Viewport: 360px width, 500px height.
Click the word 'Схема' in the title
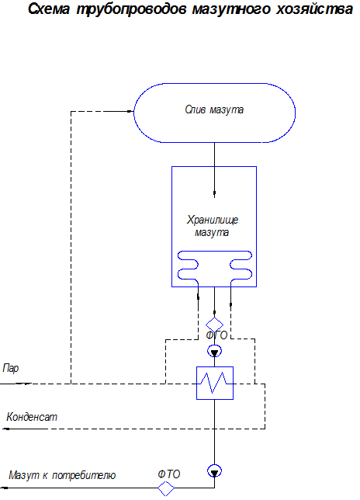coord(49,9)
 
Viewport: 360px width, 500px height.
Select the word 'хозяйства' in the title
coord(314,9)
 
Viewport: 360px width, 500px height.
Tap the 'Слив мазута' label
coord(214,109)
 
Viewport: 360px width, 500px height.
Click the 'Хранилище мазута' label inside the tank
coord(212,226)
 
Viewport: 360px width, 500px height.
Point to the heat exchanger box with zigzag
coord(215,383)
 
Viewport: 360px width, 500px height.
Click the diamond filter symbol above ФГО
coord(214,325)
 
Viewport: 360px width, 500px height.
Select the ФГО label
coord(216,335)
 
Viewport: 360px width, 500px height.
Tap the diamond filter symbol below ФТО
coord(166,488)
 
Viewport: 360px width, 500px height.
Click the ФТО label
coord(169,474)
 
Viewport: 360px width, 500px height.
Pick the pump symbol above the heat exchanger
coord(214,351)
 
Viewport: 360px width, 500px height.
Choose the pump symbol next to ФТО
coord(214,471)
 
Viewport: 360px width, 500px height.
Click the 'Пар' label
coord(11,368)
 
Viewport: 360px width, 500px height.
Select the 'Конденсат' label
coord(32,417)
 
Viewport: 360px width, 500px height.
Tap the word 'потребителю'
coord(84,475)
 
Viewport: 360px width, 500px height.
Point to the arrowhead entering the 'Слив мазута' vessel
coord(130,111)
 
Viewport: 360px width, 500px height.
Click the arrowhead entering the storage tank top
coord(214,194)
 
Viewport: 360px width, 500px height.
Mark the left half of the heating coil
coord(188,266)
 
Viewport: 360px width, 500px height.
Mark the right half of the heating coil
coord(241,266)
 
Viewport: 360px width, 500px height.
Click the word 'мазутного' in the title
coord(231,9)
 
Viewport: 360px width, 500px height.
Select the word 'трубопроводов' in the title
coord(131,9)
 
